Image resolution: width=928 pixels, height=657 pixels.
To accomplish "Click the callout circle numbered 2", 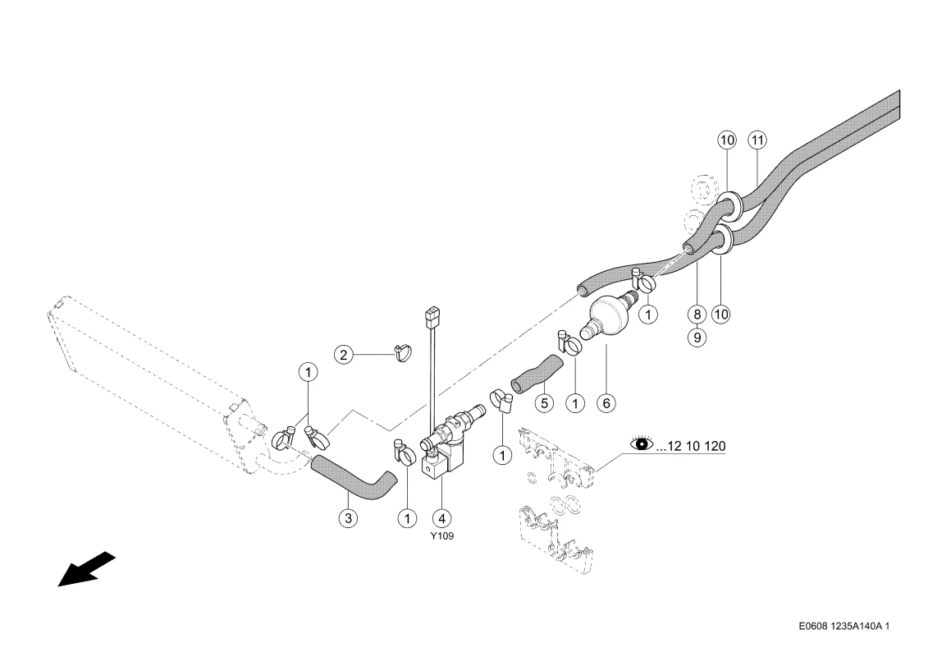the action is tap(343, 355).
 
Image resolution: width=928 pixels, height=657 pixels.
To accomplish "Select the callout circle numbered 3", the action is tap(348, 518).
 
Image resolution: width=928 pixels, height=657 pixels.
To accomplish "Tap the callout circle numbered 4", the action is tap(441, 518).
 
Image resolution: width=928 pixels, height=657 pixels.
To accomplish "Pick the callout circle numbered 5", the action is tap(544, 403).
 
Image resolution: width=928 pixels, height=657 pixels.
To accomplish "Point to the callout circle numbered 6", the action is tap(606, 403).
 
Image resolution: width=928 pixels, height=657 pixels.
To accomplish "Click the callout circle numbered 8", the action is tap(697, 314).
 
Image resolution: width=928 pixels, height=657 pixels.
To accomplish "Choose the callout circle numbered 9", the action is tap(697, 337).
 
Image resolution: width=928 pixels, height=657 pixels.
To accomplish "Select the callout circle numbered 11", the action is tap(757, 140).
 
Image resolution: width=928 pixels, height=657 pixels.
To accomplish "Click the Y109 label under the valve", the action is tap(442, 536).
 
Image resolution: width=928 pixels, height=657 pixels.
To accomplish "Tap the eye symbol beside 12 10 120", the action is tap(642, 443).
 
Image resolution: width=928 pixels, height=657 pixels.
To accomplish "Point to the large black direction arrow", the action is tap(86, 569).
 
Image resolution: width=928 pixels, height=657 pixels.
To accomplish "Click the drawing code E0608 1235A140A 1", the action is tap(843, 626).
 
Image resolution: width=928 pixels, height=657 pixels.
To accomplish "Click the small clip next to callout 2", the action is tap(402, 353).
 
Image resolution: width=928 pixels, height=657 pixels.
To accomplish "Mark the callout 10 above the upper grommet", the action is tap(727, 140).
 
